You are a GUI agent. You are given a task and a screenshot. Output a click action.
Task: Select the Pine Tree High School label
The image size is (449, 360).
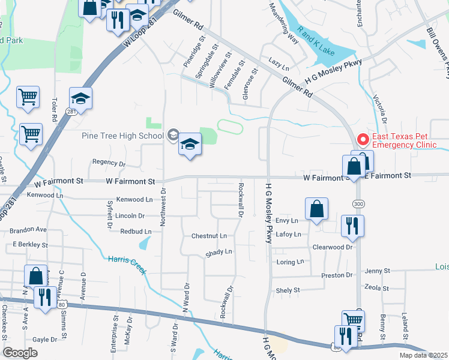(x=122, y=136)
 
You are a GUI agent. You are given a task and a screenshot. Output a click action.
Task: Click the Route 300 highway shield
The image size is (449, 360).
(x=358, y=205)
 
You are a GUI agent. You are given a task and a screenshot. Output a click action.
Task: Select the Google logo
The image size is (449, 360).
(x=20, y=353)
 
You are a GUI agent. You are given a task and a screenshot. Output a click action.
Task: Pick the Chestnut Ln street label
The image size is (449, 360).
(x=209, y=236)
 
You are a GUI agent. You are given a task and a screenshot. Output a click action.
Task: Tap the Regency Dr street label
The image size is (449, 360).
(x=109, y=163)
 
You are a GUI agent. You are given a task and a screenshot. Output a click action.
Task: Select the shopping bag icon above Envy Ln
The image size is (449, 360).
(x=316, y=209)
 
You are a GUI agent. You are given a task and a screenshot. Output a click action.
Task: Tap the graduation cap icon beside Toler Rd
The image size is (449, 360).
(x=81, y=98)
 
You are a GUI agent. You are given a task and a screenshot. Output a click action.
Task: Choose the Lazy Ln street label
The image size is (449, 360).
(x=276, y=62)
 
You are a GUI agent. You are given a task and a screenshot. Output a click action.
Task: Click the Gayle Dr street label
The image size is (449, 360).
(x=45, y=339)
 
